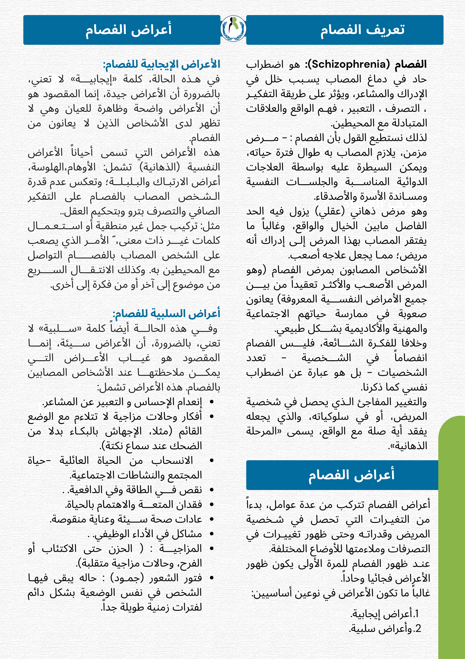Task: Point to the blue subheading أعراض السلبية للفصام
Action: click(166, 313)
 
